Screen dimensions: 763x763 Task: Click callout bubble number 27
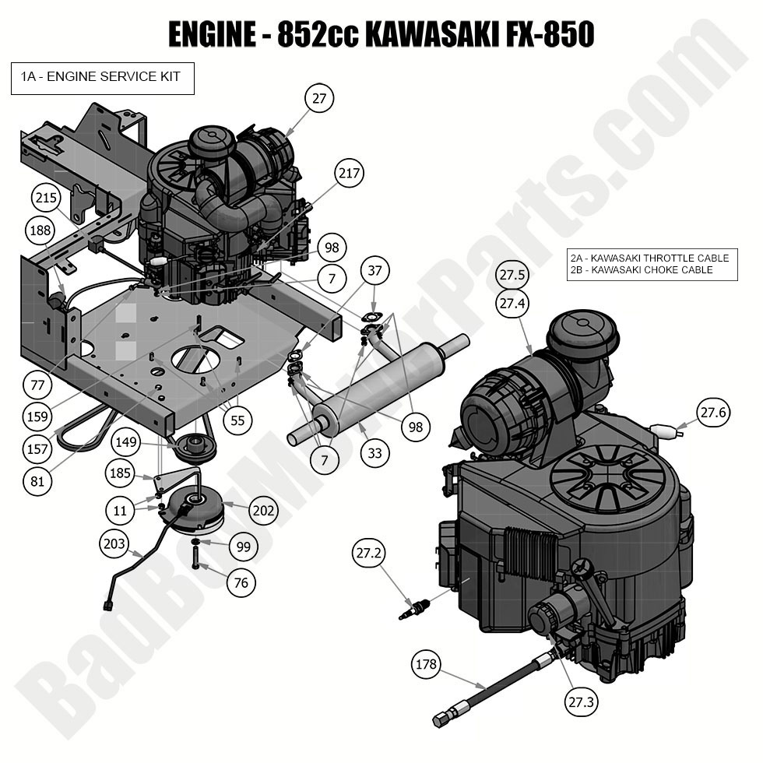point(318,99)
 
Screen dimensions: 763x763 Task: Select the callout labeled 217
point(350,174)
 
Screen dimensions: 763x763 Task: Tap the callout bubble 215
point(47,198)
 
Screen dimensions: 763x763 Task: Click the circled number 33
point(375,452)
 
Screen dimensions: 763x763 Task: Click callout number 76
point(241,582)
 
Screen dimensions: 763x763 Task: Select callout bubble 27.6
point(713,413)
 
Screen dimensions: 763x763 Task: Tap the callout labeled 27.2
point(369,554)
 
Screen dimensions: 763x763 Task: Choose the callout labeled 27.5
point(512,275)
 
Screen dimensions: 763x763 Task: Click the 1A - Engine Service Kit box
point(102,79)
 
